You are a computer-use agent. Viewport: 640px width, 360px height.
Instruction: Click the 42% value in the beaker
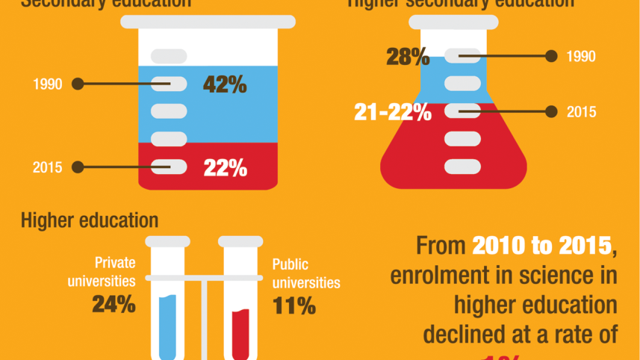(225, 84)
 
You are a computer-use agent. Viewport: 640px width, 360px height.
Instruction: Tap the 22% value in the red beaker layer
(225, 169)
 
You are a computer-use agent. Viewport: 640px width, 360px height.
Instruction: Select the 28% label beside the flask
(407, 57)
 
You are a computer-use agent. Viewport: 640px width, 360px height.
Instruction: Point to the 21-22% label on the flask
(393, 113)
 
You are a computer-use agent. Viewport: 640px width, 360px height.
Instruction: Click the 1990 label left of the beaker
(47, 84)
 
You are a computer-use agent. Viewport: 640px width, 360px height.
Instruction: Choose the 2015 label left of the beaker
(47, 167)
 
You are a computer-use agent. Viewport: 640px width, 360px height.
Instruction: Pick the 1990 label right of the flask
(581, 57)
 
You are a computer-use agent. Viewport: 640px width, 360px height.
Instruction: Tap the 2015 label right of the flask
(581, 112)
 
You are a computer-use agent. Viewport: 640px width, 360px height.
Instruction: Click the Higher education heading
(90, 220)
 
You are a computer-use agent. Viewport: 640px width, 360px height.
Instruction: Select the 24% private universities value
(114, 304)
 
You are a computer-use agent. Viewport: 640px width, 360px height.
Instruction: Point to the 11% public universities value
(293, 305)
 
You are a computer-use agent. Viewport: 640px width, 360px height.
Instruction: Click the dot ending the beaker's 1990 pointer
(77, 84)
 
